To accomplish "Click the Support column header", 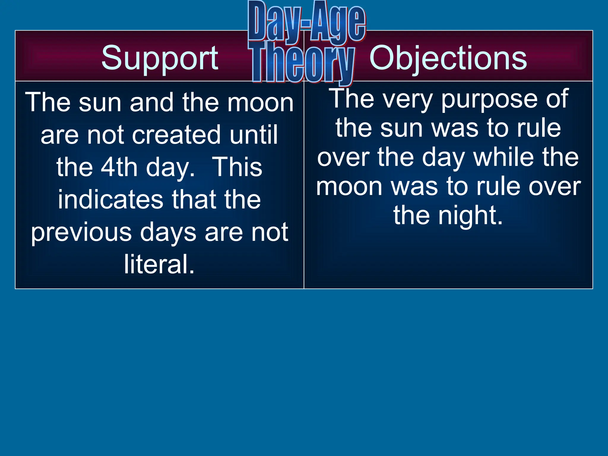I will point(160,58).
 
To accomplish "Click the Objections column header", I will point(448,58).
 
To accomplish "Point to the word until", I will point(254,135).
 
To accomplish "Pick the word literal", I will point(159,264).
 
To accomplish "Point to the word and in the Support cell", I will point(151,102).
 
